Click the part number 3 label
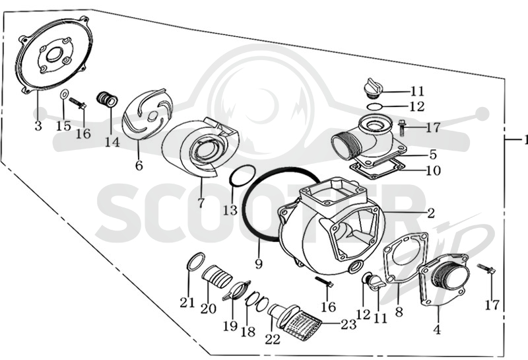[x=38, y=126]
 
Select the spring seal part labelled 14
[x=107, y=100]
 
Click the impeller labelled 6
[x=147, y=114]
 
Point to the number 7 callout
[x=201, y=203]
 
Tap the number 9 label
[x=259, y=264]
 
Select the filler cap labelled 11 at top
[x=373, y=88]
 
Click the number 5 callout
[x=433, y=155]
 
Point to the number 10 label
[x=434, y=170]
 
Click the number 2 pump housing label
[x=431, y=213]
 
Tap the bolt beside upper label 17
[x=402, y=128]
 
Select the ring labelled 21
[x=195, y=261]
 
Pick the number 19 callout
[x=230, y=326]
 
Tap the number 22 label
[x=273, y=339]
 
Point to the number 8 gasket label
[x=399, y=312]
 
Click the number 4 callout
[x=437, y=330]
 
